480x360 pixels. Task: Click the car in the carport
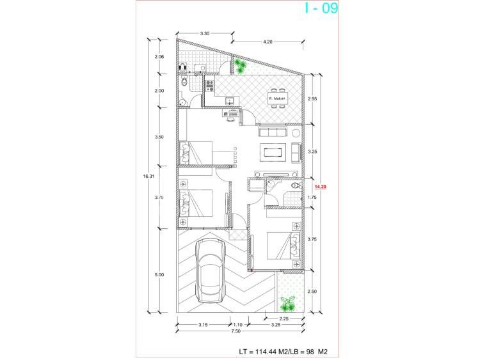[211, 270]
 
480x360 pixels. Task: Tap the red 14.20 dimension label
[320, 187]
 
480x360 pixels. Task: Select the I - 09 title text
[321, 8]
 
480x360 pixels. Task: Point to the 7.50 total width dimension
[236, 331]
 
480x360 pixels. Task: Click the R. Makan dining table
[277, 98]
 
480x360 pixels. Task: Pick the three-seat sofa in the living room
[273, 132]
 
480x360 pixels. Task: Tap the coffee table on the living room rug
[273, 152]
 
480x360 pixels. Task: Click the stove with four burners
[210, 86]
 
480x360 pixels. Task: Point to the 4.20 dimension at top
[268, 42]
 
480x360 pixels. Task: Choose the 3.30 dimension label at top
[205, 34]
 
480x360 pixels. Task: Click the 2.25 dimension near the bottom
[284, 318]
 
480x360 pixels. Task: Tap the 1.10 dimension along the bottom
[238, 325]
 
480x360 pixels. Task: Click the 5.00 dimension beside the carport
[159, 275]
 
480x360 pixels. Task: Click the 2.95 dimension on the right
[312, 99]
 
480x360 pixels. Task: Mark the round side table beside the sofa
[296, 133]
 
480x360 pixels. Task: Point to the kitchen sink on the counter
[229, 100]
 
